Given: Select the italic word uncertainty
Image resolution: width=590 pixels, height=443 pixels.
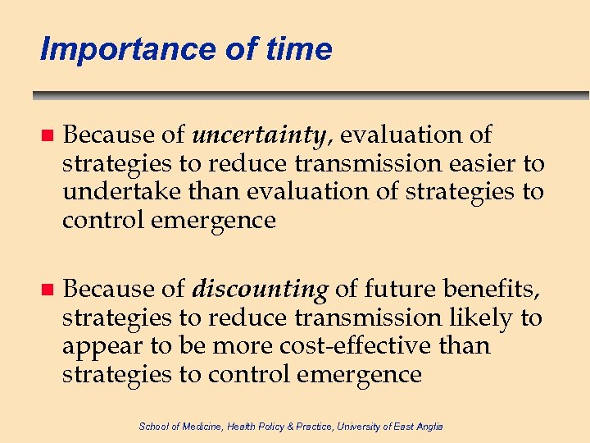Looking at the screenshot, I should click(263, 135).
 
